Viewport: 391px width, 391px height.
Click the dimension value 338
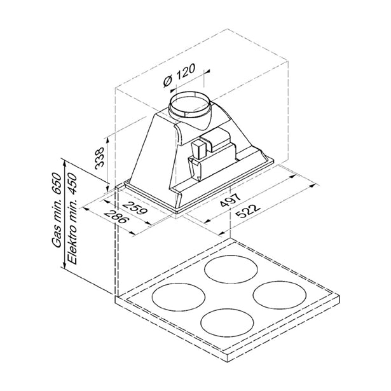coord(99,158)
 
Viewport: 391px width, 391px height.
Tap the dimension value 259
coord(135,207)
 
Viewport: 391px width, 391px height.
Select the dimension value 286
coord(116,217)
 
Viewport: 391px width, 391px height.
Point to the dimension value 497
coord(230,200)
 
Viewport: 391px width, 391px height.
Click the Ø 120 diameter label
coord(179,75)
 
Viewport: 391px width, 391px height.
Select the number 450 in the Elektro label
coord(72,184)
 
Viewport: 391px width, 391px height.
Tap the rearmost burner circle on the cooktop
coord(231,270)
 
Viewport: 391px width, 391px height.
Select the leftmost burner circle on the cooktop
coord(179,296)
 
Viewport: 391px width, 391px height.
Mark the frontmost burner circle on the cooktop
coord(227,322)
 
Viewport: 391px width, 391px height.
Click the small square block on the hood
coord(198,149)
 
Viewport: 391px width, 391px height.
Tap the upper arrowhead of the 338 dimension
coord(107,140)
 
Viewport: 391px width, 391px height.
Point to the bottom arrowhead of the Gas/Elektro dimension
coord(65,265)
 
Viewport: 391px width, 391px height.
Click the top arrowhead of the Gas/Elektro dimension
coord(65,164)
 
